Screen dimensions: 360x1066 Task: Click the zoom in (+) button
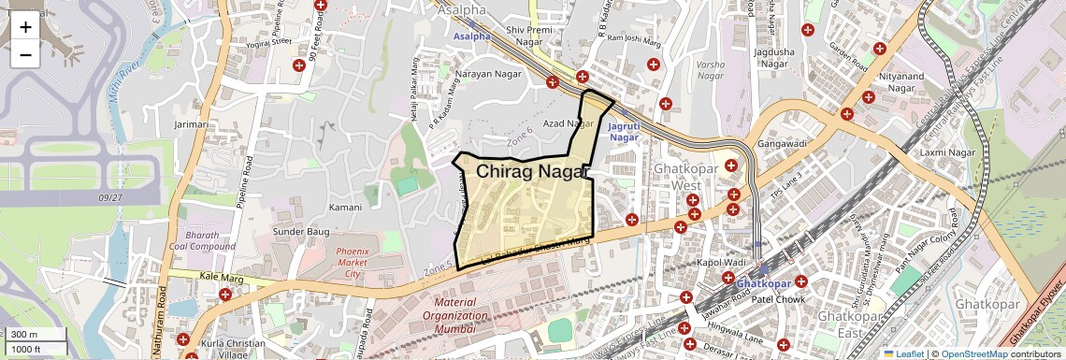click(25, 27)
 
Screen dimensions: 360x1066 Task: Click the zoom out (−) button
click(25, 54)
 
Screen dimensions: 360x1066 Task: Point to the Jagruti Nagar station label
click(624, 131)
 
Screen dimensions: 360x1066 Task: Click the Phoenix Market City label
click(353, 263)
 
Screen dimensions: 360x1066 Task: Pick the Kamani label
click(345, 207)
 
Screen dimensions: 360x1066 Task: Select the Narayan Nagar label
click(485, 73)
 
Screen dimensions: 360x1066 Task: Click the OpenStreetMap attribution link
click(973, 353)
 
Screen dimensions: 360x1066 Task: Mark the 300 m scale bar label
click(25, 335)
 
